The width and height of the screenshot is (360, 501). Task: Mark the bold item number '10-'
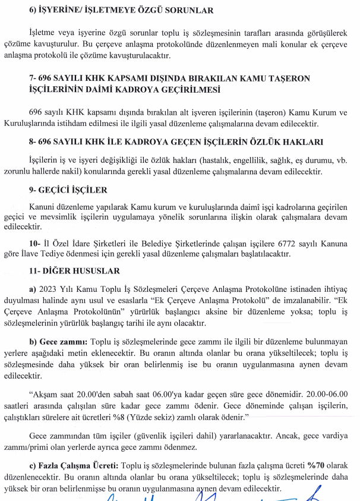(34, 244)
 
